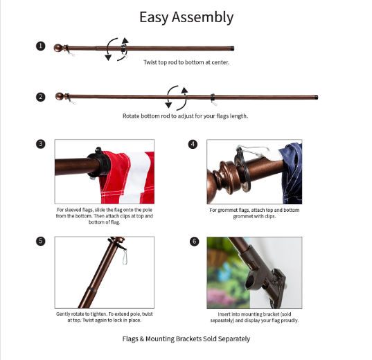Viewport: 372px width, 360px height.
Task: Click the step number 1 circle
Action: (41, 46)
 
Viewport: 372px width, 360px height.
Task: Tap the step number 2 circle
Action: (41, 97)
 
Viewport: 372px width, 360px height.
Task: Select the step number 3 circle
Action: (41, 144)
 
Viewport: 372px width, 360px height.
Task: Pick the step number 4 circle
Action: (193, 144)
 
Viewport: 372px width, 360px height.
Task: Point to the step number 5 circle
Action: (41, 241)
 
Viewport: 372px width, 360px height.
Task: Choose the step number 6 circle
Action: (194, 242)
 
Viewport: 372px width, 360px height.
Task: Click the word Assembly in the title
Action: (202, 17)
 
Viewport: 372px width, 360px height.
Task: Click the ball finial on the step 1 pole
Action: (58, 48)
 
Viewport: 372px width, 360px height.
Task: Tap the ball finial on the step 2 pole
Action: (60, 96)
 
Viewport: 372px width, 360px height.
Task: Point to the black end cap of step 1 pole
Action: (232, 48)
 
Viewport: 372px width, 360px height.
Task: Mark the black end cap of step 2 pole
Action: (316, 97)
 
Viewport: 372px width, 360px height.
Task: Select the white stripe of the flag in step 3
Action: (137, 175)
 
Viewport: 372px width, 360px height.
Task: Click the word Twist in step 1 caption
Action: (150, 62)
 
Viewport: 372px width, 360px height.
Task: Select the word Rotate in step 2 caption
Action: (131, 116)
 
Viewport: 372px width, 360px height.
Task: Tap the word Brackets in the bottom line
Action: (188, 339)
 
